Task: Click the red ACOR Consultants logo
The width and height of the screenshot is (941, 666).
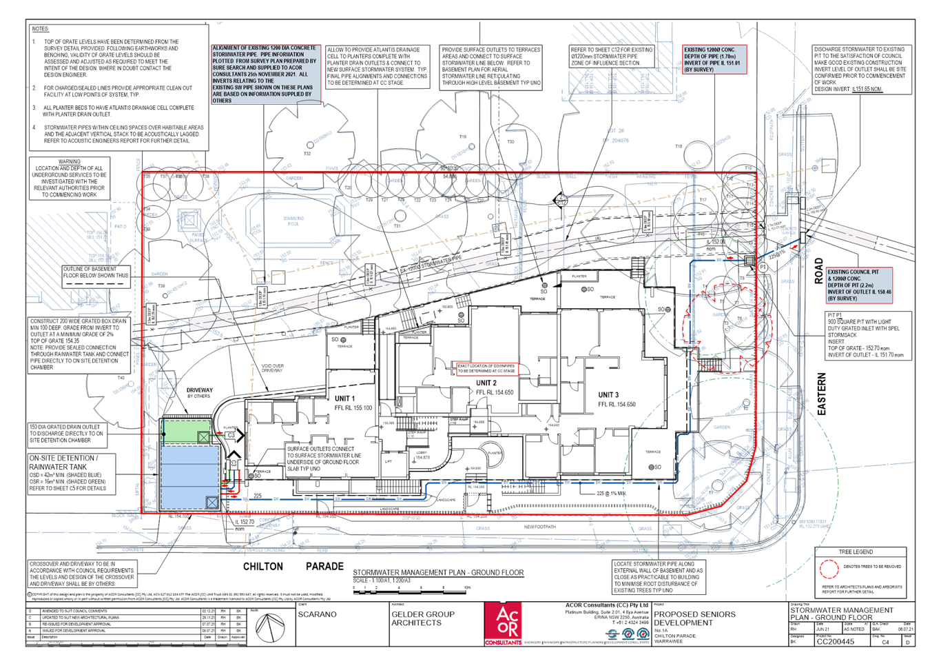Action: tap(503, 623)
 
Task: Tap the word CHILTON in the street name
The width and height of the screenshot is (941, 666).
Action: tap(262, 566)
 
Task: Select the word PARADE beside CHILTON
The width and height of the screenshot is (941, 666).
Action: tap(324, 566)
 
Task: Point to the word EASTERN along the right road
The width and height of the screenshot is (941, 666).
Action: tap(821, 394)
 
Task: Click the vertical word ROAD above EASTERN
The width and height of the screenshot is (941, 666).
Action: tap(819, 271)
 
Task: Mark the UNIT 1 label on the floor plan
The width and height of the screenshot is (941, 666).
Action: tap(344, 398)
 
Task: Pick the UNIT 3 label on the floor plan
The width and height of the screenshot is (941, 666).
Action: tap(608, 394)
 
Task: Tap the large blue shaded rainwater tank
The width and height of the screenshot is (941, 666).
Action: tap(189, 476)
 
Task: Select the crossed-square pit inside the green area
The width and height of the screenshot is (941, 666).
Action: tap(203, 437)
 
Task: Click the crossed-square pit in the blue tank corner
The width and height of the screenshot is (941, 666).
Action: tap(212, 503)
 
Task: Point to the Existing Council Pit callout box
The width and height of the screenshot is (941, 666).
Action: tap(858, 285)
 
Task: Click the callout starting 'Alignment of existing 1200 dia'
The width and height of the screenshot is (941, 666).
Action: tap(265, 74)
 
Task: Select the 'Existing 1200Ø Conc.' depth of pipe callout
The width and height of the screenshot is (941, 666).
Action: tap(713, 60)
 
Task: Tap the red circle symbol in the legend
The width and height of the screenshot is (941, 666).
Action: tap(829, 569)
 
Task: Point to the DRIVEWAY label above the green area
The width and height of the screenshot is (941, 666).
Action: tap(199, 392)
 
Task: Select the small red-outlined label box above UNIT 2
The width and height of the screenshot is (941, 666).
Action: tap(486, 368)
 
